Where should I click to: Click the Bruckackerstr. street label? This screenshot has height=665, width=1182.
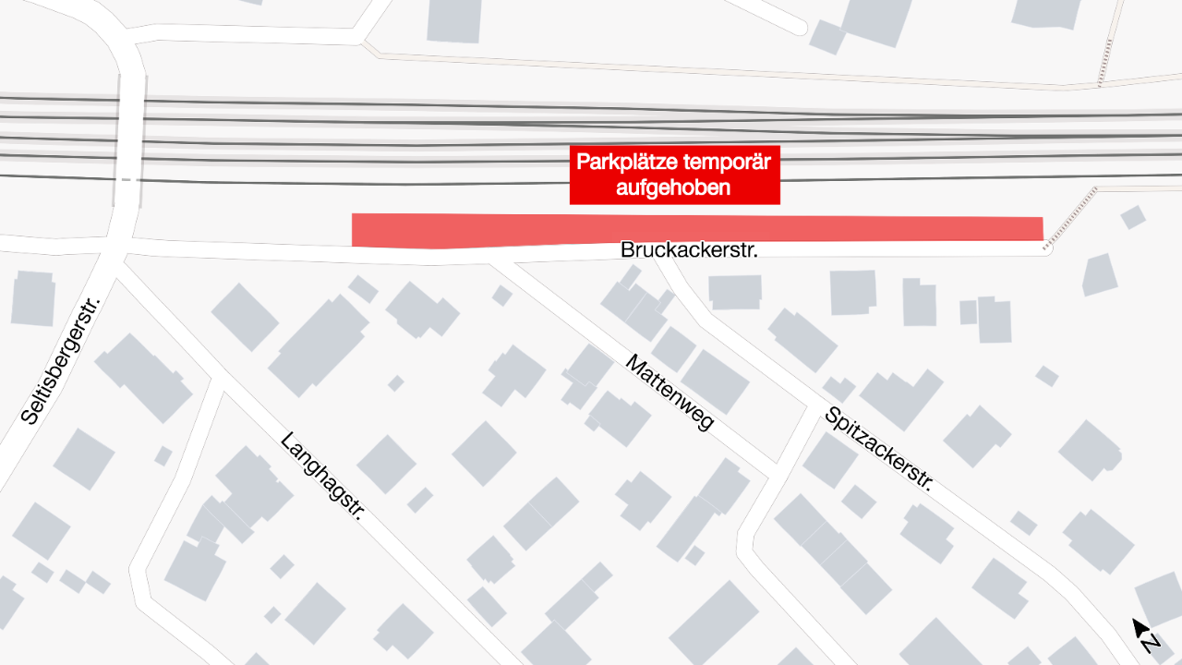point(689,249)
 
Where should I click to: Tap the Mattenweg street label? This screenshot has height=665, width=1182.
point(669,392)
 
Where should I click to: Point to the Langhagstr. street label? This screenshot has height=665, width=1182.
point(321,476)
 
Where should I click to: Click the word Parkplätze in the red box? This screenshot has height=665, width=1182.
point(627,163)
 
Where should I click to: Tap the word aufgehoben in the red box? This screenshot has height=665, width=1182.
point(673,188)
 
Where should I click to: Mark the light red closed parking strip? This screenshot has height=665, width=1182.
point(697,229)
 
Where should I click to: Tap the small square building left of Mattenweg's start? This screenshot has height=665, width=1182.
point(501,296)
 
